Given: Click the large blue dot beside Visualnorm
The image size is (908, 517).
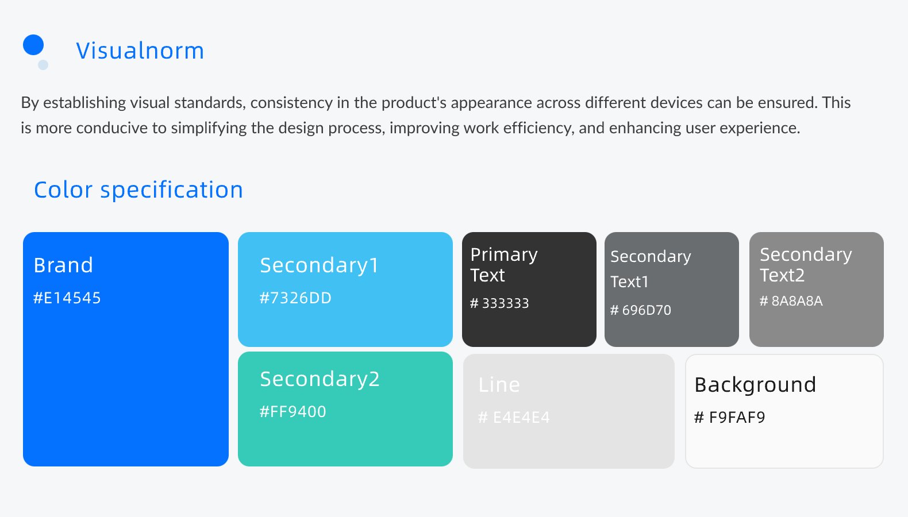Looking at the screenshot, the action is click(33, 45).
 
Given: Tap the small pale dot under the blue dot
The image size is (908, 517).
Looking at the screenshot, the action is click(43, 65).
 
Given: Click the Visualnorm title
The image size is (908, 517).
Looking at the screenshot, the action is click(140, 51).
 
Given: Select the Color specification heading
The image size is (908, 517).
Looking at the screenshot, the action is click(138, 190).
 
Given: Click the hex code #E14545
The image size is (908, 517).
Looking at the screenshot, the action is click(67, 298).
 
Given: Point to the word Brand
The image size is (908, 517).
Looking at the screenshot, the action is click(63, 265).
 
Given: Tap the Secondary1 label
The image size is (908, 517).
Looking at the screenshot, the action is click(319, 266).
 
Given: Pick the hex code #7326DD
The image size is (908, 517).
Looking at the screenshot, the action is click(295, 298).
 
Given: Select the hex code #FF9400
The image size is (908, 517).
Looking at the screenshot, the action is click(293, 412).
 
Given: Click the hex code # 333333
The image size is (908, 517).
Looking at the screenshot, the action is click(499, 303).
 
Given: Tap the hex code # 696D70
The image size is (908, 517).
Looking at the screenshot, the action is click(640, 310).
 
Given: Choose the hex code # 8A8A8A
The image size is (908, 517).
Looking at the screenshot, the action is click(791, 300).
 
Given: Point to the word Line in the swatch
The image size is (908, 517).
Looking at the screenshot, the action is click(499, 385).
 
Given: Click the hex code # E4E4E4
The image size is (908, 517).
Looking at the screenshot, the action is click(514, 417).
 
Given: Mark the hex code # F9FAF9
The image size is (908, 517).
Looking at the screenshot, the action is click(730, 417).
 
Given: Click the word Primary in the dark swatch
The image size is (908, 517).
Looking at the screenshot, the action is click(504, 255).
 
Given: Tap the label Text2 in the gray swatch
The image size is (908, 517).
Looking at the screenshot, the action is click(782, 276).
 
